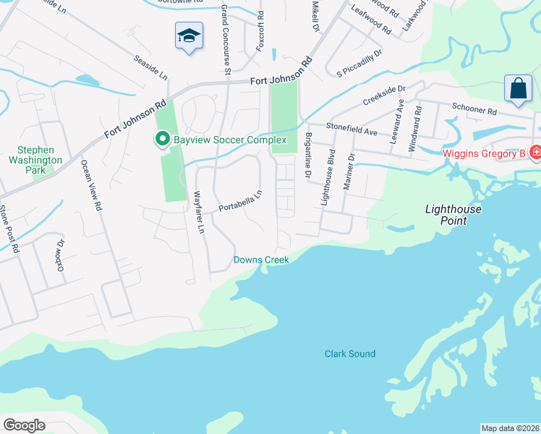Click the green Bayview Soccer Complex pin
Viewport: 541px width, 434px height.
163,139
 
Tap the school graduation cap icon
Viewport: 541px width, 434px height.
188,35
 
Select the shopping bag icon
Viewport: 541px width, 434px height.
519,89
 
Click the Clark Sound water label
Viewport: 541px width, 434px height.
350,354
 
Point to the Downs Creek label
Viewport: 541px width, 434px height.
260,260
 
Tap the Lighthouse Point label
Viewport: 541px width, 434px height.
453,214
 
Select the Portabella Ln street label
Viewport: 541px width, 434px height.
239,202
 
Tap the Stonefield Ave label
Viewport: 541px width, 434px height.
352,129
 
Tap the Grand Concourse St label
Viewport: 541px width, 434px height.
225,38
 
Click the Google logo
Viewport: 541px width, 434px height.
24,425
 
